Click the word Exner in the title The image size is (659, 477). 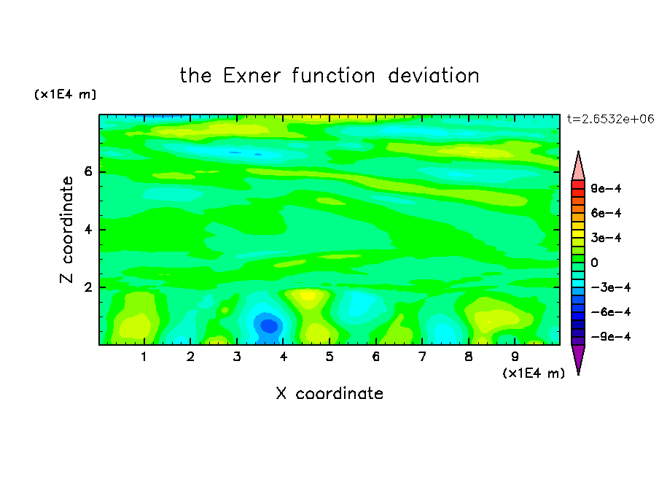251,76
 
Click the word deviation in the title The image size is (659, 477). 433,76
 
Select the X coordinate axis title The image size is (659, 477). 329,393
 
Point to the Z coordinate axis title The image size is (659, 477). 66,229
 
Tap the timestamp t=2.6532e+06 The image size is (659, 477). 610,119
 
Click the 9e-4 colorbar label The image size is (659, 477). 606,188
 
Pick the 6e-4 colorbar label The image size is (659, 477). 606,213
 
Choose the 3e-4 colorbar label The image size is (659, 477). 606,238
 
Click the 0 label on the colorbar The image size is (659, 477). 594,263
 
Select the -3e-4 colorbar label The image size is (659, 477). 611,287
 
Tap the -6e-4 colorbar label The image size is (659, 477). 611,312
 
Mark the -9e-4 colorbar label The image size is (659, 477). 611,336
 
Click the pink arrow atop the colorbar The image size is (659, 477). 578,166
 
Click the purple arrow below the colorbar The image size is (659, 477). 578,359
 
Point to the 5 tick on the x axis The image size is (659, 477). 329,357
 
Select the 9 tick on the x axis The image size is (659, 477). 515,357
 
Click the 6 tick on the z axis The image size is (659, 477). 87,171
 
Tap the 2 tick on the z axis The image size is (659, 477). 87,287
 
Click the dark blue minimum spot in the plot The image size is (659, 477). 269,326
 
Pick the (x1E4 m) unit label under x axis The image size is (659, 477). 534,373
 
